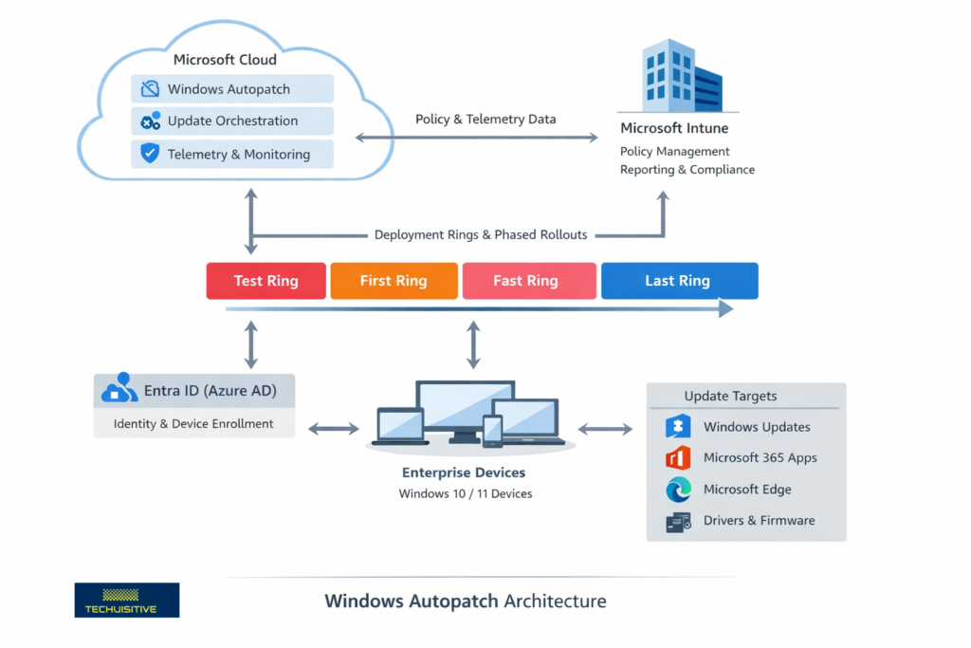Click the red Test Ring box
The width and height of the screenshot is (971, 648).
pyautogui.click(x=266, y=281)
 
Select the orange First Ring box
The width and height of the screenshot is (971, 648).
pyautogui.click(x=394, y=281)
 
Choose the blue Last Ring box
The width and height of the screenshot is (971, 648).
pyautogui.click(x=679, y=281)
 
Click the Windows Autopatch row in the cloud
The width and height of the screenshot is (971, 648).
pyautogui.click(x=232, y=89)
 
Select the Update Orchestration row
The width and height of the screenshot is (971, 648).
pyautogui.click(x=232, y=121)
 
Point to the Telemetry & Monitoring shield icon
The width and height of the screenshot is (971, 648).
pyautogui.click(x=150, y=154)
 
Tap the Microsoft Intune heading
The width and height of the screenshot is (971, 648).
pyautogui.click(x=673, y=128)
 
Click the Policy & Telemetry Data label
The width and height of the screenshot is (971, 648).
pyautogui.click(x=485, y=120)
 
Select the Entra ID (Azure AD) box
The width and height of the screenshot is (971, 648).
pyautogui.click(x=194, y=390)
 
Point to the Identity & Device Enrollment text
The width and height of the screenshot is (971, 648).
pyautogui.click(x=193, y=424)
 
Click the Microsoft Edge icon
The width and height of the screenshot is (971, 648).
pyautogui.click(x=678, y=490)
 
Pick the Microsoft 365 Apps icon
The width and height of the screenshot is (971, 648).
pyautogui.click(x=678, y=458)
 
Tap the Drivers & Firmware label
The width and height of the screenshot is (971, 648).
pyautogui.click(x=759, y=521)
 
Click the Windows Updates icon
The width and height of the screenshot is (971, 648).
pyautogui.click(x=678, y=427)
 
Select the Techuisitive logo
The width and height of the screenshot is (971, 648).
pyautogui.click(x=126, y=600)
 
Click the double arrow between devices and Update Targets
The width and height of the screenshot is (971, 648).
pyautogui.click(x=605, y=429)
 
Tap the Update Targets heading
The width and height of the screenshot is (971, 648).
pyautogui.click(x=730, y=396)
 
